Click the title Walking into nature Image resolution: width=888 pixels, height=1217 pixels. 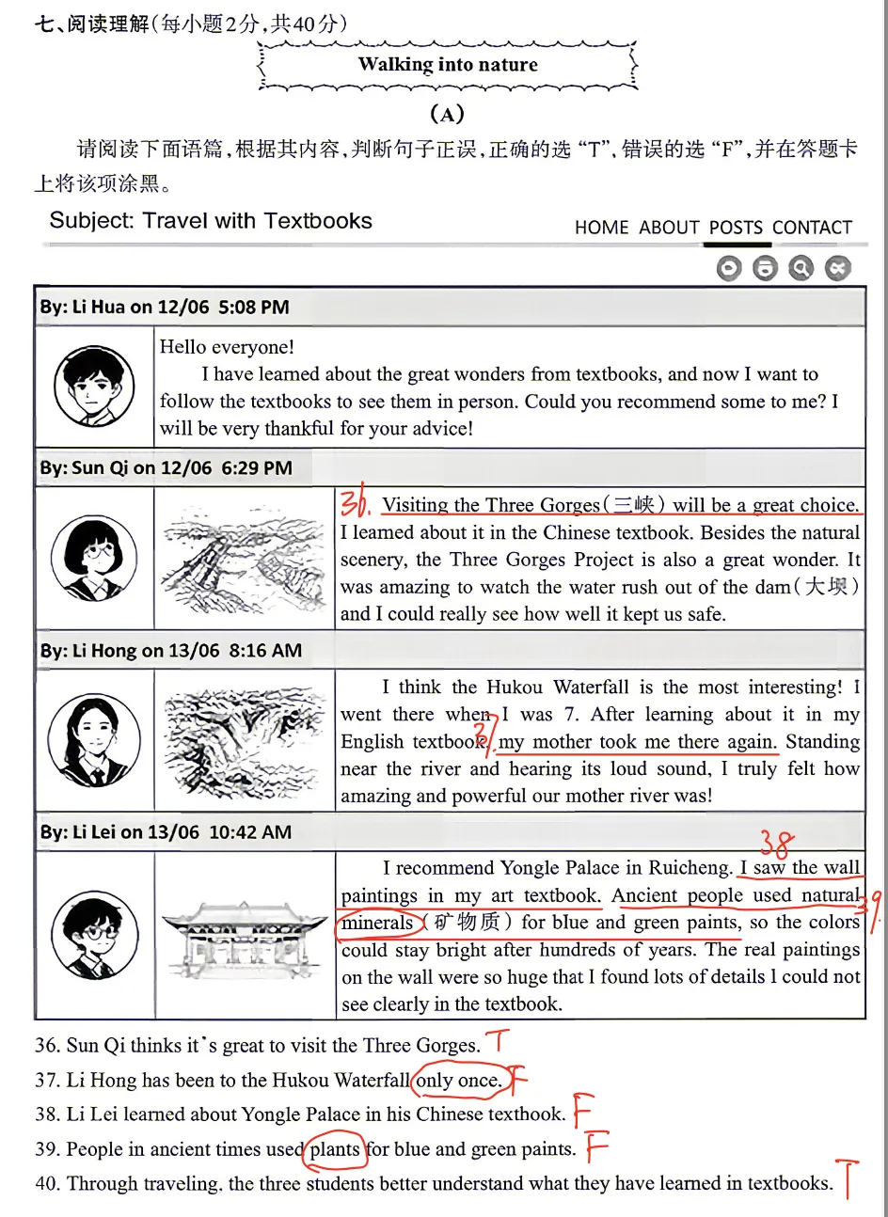[448, 64]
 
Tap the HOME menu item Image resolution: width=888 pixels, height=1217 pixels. [602, 227]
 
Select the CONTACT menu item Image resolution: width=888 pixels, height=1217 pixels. [812, 227]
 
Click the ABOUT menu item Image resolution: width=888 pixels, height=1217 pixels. [669, 227]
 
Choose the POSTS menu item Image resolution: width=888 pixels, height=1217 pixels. [736, 227]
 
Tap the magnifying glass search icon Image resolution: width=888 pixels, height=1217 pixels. [801, 268]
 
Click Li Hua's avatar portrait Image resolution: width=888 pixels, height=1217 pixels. [94, 387]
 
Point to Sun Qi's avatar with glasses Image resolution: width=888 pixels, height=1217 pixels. [94, 558]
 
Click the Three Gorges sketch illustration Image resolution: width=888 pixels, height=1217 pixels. [244, 559]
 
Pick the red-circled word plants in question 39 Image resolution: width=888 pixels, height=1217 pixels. [335, 1149]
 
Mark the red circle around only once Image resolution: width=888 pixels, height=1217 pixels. [462, 1079]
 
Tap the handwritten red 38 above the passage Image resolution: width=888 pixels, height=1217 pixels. [777, 843]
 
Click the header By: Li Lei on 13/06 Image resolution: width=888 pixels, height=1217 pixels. [166, 831]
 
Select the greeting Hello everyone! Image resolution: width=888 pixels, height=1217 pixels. [227, 347]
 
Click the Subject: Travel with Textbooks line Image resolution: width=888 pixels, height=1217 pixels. [211, 221]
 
